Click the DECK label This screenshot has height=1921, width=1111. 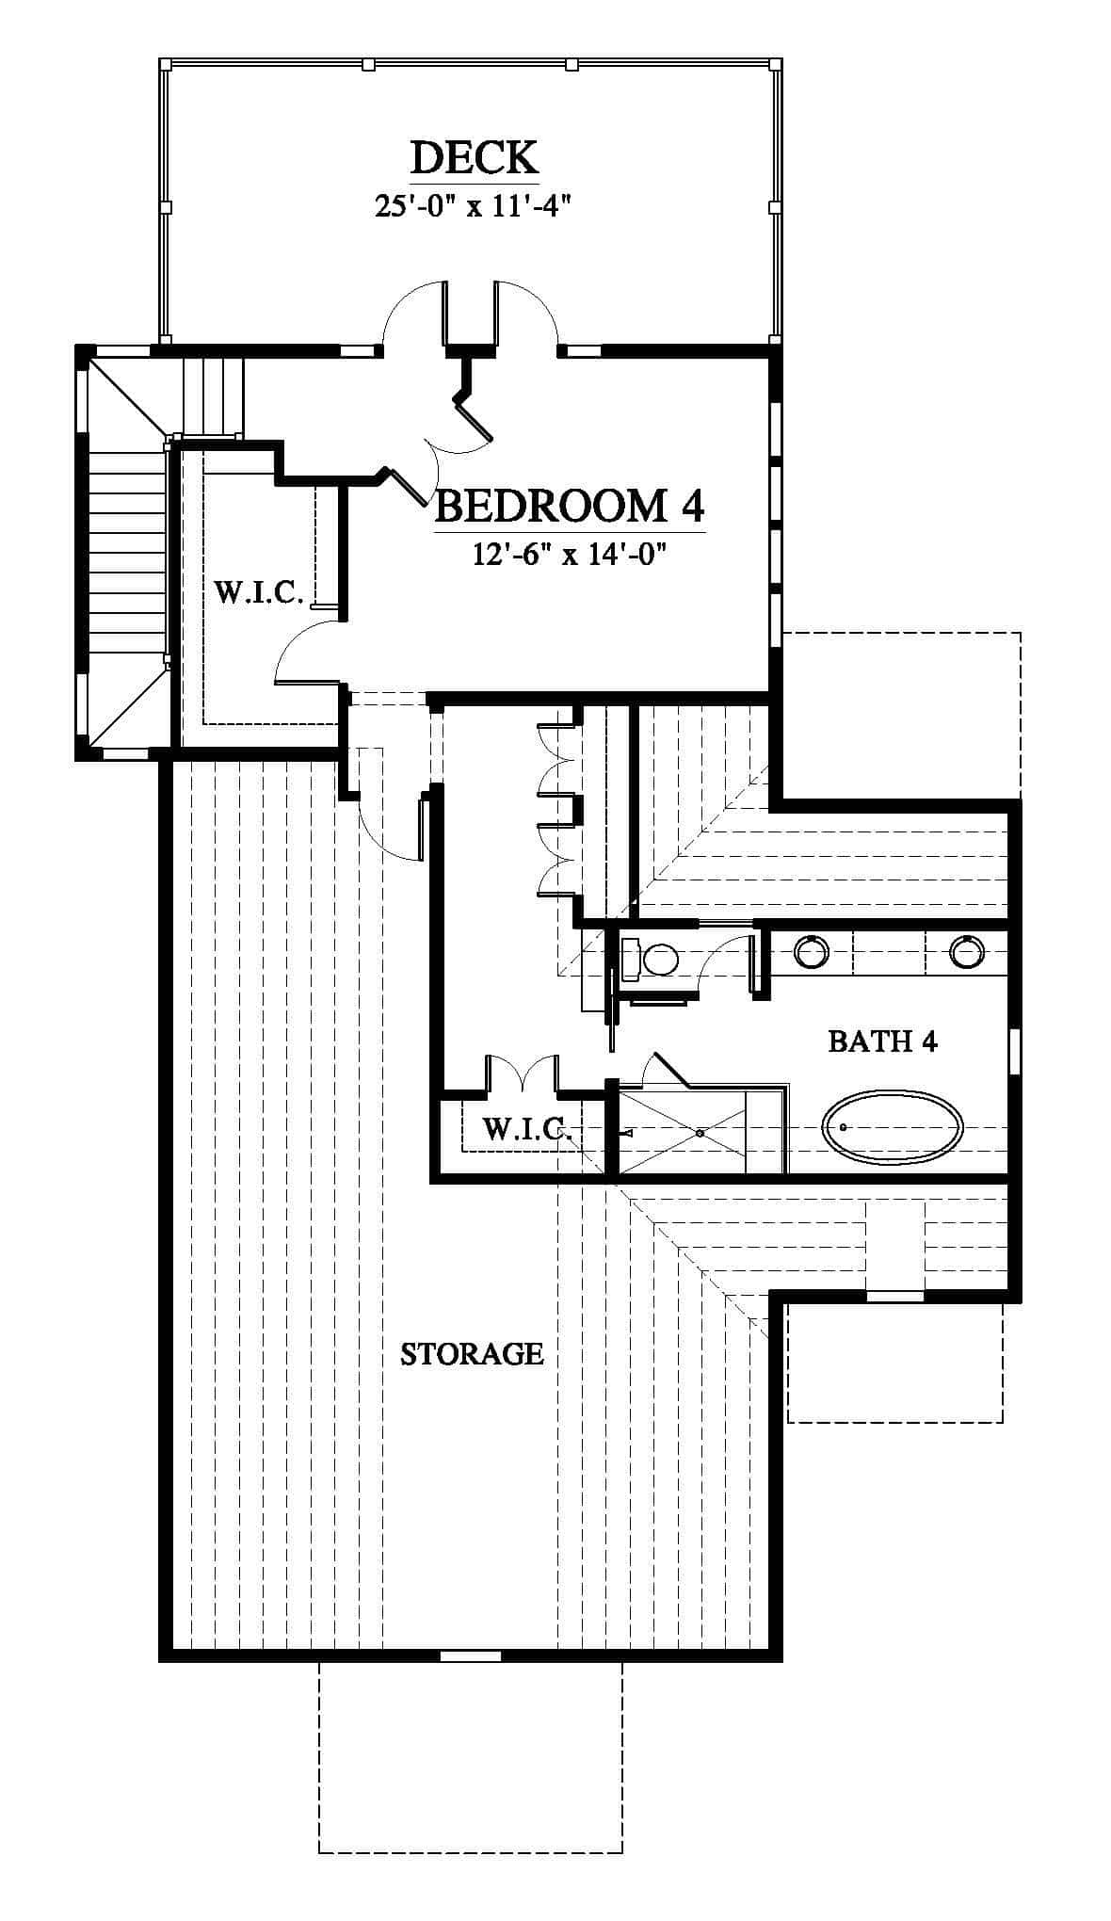click(x=475, y=157)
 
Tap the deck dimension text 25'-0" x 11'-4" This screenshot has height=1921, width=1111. click(x=475, y=206)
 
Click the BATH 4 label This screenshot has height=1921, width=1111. click(x=882, y=1041)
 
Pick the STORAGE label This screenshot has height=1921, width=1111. click(x=472, y=1354)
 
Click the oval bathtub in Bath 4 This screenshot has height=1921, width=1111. click(x=893, y=1126)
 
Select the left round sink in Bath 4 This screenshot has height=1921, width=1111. click(x=812, y=952)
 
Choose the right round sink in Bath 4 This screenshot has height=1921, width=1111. click(x=966, y=952)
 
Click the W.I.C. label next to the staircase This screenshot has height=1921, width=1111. click(x=259, y=592)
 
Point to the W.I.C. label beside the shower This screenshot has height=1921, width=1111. click(x=527, y=1128)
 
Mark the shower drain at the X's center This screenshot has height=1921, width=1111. click(x=700, y=1133)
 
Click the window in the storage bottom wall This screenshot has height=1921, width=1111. click(x=471, y=1654)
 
